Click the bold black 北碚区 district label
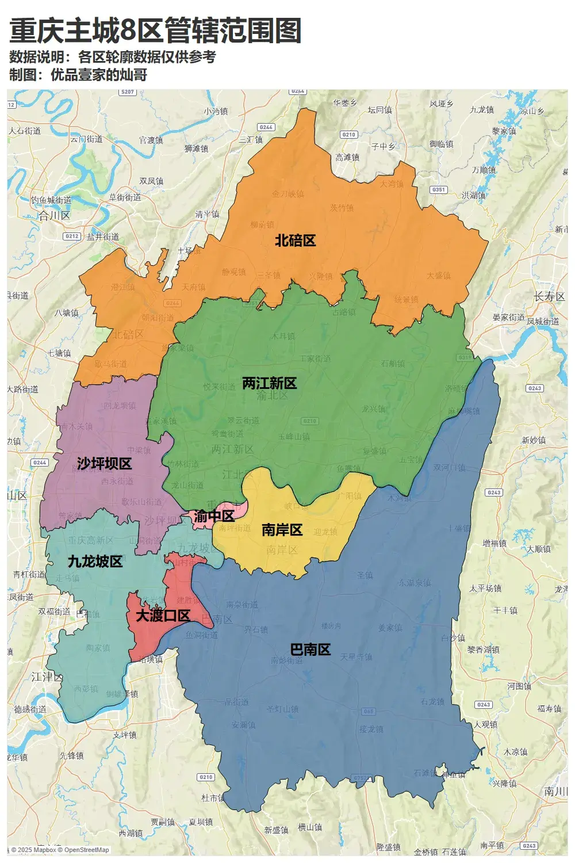click(x=295, y=240)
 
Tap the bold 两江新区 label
click(x=269, y=383)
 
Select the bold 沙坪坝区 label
click(x=104, y=464)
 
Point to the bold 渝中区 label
click(x=214, y=516)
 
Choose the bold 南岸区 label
click(x=282, y=530)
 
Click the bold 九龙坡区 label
click(x=95, y=562)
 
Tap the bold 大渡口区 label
click(x=163, y=616)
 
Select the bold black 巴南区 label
click(x=310, y=650)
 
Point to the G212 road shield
click(x=72, y=236)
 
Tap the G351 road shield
click(x=439, y=189)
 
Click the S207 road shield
click(x=128, y=92)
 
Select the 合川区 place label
click(x=54, y=216)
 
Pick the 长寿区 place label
click(x=549, y=297)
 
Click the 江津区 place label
click(x=47, y=677)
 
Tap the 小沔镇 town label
click(x=216, y=111)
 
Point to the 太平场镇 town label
click(x=485, y=589)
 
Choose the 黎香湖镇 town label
click(x=483, y=650)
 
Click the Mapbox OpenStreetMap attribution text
click(x=60, y=850)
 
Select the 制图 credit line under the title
click(x=78, y=75)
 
